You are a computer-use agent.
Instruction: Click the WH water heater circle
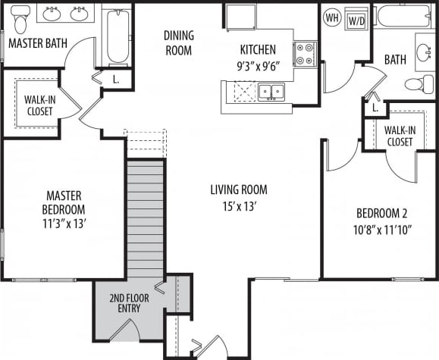click(x=331, y=17)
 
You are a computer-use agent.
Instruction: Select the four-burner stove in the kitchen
click(x=305, y=53)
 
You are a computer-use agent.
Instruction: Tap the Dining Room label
click(x=179, y=43)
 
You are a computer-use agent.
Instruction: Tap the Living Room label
click(x=238, y=189)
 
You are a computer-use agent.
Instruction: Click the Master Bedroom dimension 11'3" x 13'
click(x=64, y=224)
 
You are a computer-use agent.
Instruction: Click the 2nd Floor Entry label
click(x=128, y=303)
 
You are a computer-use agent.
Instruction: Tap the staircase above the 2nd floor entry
click(x=145, y=216)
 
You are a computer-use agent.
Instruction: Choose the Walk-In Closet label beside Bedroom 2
click(x=400, y=136)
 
